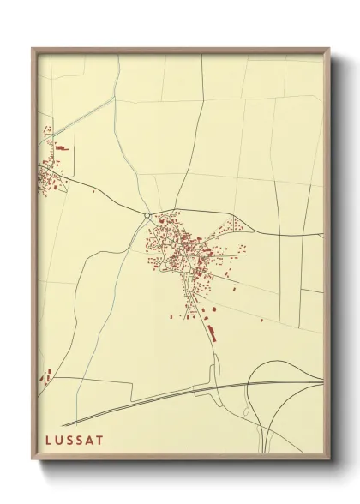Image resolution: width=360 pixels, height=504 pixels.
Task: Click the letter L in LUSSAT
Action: [x=48, y=440]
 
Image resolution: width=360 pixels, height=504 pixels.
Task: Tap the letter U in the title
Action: [x=59, y=440]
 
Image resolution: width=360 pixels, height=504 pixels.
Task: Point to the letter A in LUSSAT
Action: [x=91, y=440]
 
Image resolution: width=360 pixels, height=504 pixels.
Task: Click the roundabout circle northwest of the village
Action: [x=147, y=215]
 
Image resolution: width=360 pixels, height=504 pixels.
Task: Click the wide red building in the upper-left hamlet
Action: [x=63, y=148]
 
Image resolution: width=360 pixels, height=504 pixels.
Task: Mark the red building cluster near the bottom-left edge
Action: [x=46, y=375]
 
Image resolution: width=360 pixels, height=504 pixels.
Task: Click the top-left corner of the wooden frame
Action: [x=33, y=50]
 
